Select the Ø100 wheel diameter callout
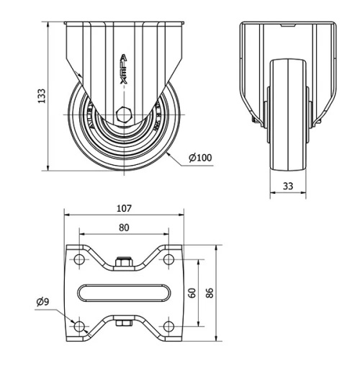click(199, 157)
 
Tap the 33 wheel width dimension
click(287, 185)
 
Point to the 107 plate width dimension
click(123, 208)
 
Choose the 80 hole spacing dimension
click(123, 228)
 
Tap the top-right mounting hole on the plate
click(168, 258)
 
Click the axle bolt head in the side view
click(123, 114)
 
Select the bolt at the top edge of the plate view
click(123, 262)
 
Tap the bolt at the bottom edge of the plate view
click(123, 323)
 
